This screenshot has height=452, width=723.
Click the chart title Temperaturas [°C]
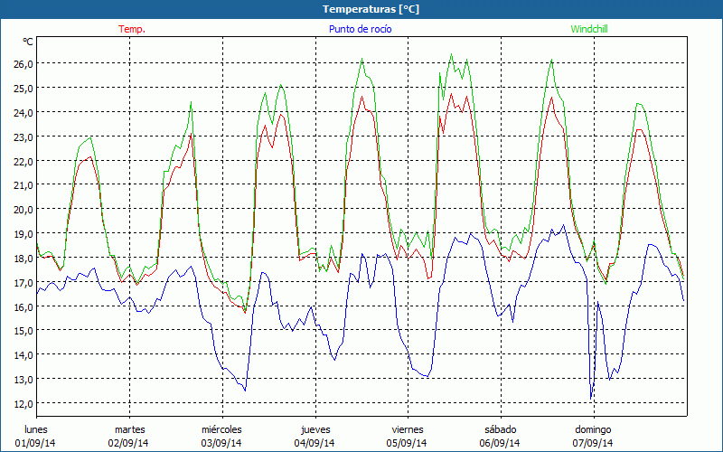click(x=371, y=9)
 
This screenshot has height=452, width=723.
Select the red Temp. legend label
click(x=132, y=29)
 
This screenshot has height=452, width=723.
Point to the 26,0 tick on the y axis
click(x=22, y=64)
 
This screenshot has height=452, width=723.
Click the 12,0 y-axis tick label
click(x=22, y=403)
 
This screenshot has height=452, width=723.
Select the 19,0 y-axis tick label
click(x=22, y=233)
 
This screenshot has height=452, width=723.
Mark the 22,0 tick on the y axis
click(x=22, y=161)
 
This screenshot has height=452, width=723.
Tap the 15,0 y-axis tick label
click(x=22, y=331)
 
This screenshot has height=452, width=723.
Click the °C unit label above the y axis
click(x=28, y=42)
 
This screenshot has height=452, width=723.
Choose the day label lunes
click(x=37, y=429)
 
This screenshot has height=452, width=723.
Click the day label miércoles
click(x=221, y=429)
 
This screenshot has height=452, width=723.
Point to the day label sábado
click(x=500, y=429)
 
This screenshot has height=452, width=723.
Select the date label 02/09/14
click(x=130, y=443)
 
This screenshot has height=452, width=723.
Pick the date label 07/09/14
click(x=593, y=443)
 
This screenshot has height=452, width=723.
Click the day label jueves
click(x=315, y=429)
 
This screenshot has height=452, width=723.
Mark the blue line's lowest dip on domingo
click(x=591, y=398)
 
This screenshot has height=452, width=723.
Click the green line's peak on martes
click(x=191, y=103)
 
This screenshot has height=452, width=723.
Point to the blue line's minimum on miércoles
click(x=245, y=390)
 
